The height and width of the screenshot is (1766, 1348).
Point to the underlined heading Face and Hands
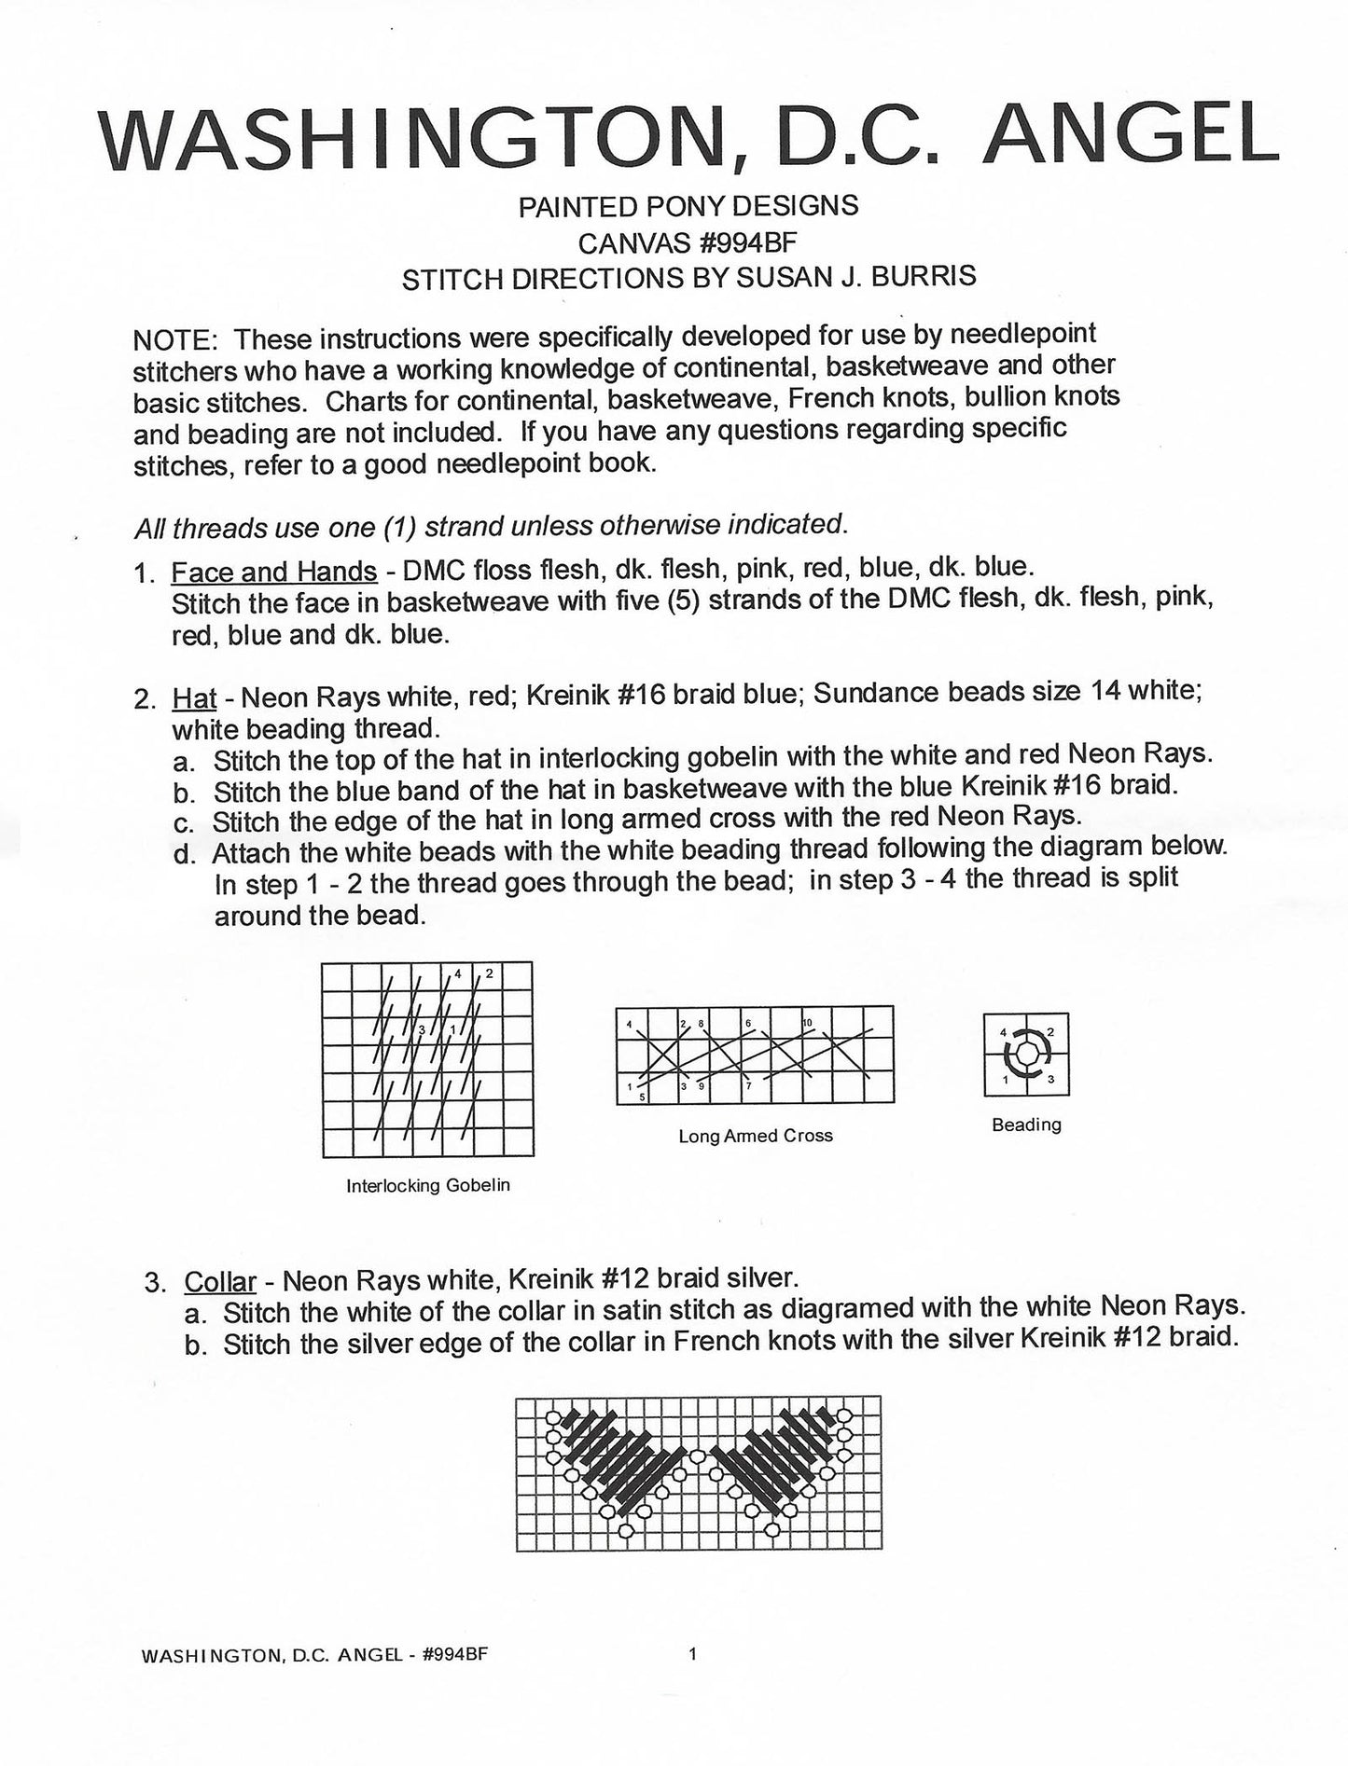(273, 571)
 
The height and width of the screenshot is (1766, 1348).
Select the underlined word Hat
(194, 697)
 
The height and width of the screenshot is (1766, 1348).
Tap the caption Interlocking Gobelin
(428, 1186)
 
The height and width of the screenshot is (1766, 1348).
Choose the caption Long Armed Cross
(755, 1136)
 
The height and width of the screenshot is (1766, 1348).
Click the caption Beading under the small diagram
(1026, 1124)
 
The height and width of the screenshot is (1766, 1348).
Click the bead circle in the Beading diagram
(1026, 1054)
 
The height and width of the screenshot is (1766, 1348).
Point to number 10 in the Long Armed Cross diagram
(808, 1023)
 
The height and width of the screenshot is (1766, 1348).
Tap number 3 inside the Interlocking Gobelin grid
(423, 1029)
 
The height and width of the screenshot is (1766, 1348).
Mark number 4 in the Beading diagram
(1003, 1033)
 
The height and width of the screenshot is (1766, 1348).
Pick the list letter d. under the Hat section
(183, 854)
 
